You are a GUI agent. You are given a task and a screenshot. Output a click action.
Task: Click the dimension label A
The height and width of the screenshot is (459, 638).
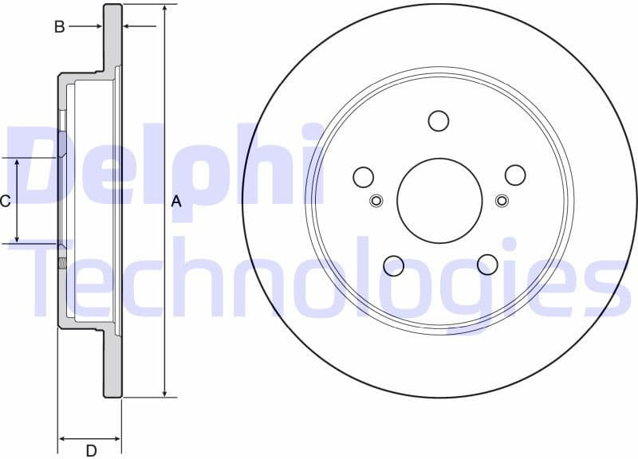[x=176, y=202]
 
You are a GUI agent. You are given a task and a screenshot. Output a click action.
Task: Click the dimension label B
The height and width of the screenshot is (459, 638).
[x=59, y=27]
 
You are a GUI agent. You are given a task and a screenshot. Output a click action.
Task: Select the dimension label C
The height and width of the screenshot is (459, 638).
[x=5, y=201]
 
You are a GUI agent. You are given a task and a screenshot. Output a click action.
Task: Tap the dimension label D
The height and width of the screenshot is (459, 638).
[x=91, y=450]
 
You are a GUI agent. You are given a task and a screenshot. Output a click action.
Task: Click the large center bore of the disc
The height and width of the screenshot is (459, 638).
[x=439, y=200]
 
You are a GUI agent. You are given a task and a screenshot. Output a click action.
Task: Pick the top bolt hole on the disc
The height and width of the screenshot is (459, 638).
[x=439, y=121]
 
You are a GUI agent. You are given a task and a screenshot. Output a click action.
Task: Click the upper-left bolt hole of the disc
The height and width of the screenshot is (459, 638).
[x=364, y=176]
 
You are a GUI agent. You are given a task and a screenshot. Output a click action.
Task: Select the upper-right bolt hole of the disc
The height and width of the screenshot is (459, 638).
[x=515, y=175]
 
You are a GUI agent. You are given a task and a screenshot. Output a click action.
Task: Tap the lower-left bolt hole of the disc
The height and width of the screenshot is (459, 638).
[x=393, y=265]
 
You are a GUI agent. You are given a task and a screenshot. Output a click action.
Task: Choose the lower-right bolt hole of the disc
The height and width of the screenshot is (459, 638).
[x=486, y=264]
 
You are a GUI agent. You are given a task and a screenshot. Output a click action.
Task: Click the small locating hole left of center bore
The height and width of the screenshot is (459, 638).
[x=377, y=200]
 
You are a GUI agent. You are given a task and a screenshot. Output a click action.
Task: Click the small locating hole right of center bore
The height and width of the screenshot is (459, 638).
[x=502, y=200]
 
